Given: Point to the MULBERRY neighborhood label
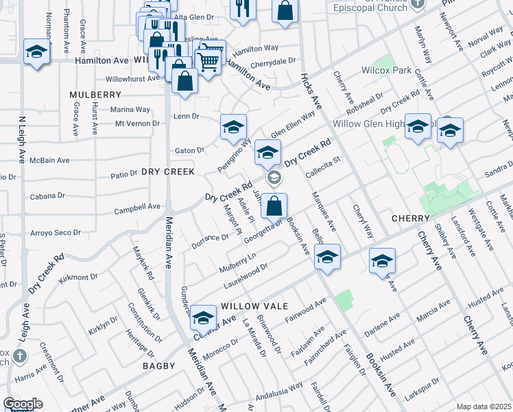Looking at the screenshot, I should click(x=95, y=94).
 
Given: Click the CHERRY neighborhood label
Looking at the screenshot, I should click(x=410, y=218).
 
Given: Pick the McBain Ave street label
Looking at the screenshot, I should click(x=53, y=161).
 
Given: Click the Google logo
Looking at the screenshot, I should click(x=23, y=404).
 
